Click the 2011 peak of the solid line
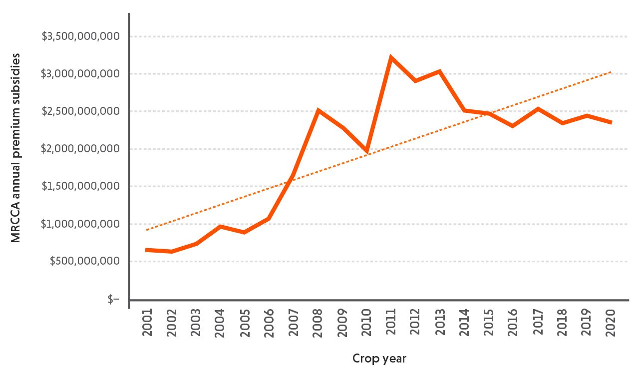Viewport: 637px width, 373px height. (x=391, y=57)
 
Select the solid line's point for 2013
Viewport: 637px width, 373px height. (x=439, y=71)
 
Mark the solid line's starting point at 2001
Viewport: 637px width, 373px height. (x=147, y=250)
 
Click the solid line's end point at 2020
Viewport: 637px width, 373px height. (x=611, y=122)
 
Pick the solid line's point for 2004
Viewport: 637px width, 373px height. (x=220, y=226)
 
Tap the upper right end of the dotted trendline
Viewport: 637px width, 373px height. (x=611, y=72)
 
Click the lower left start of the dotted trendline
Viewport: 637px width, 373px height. (x=147, y=230)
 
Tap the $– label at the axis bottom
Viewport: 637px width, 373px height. (x=113, y=299)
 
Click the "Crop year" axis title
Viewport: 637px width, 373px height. (x=379, y=359)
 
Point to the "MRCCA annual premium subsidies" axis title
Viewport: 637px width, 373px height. (x=17, y=148)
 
